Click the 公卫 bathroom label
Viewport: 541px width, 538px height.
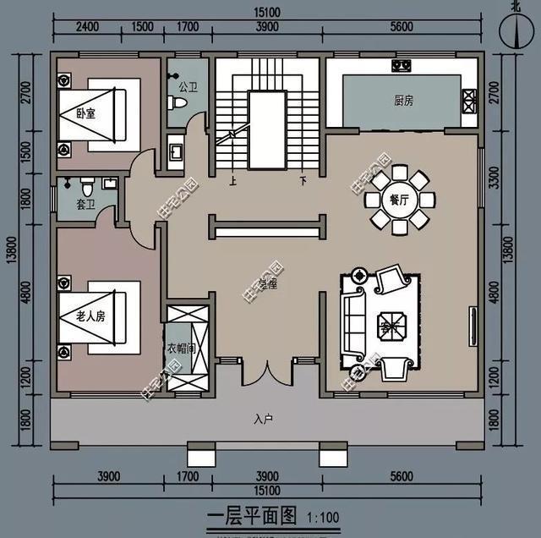[188, 86]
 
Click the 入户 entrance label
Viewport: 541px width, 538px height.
[263, 419]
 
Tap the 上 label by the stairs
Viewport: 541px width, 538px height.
[233, 179]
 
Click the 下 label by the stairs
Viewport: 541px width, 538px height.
[302, 179]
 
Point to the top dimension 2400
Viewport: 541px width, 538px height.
[87, 28]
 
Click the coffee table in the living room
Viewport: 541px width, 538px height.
[390, 324]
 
